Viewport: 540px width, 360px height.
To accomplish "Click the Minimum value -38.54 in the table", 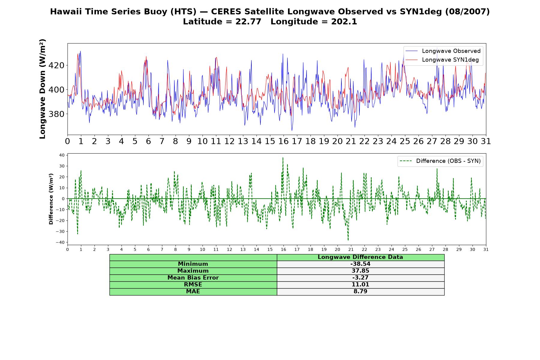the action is click(360, 264).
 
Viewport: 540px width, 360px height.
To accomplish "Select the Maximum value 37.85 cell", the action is click(360, 271).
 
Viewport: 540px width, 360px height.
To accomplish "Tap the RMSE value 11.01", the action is click(360, 285).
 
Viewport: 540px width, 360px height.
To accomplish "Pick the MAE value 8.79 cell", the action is click(360, 292).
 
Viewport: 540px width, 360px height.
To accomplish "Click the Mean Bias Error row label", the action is click(193, 278).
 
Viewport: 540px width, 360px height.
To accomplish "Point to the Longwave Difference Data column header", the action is click(360, 257).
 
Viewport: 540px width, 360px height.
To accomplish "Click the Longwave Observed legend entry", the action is click(443, 51).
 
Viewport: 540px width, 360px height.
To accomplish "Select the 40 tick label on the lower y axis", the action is click(62, 155).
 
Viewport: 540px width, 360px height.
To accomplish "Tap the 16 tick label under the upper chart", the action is click(283, 141).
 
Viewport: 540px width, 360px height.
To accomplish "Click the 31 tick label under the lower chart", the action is click(486, 249).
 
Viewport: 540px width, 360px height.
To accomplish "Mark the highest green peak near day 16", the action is click(283, 157).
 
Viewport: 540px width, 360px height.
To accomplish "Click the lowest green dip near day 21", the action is click(348, 240).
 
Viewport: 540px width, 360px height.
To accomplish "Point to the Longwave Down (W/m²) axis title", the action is click(43, 89).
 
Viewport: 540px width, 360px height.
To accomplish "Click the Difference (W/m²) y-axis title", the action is click(51, 199).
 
